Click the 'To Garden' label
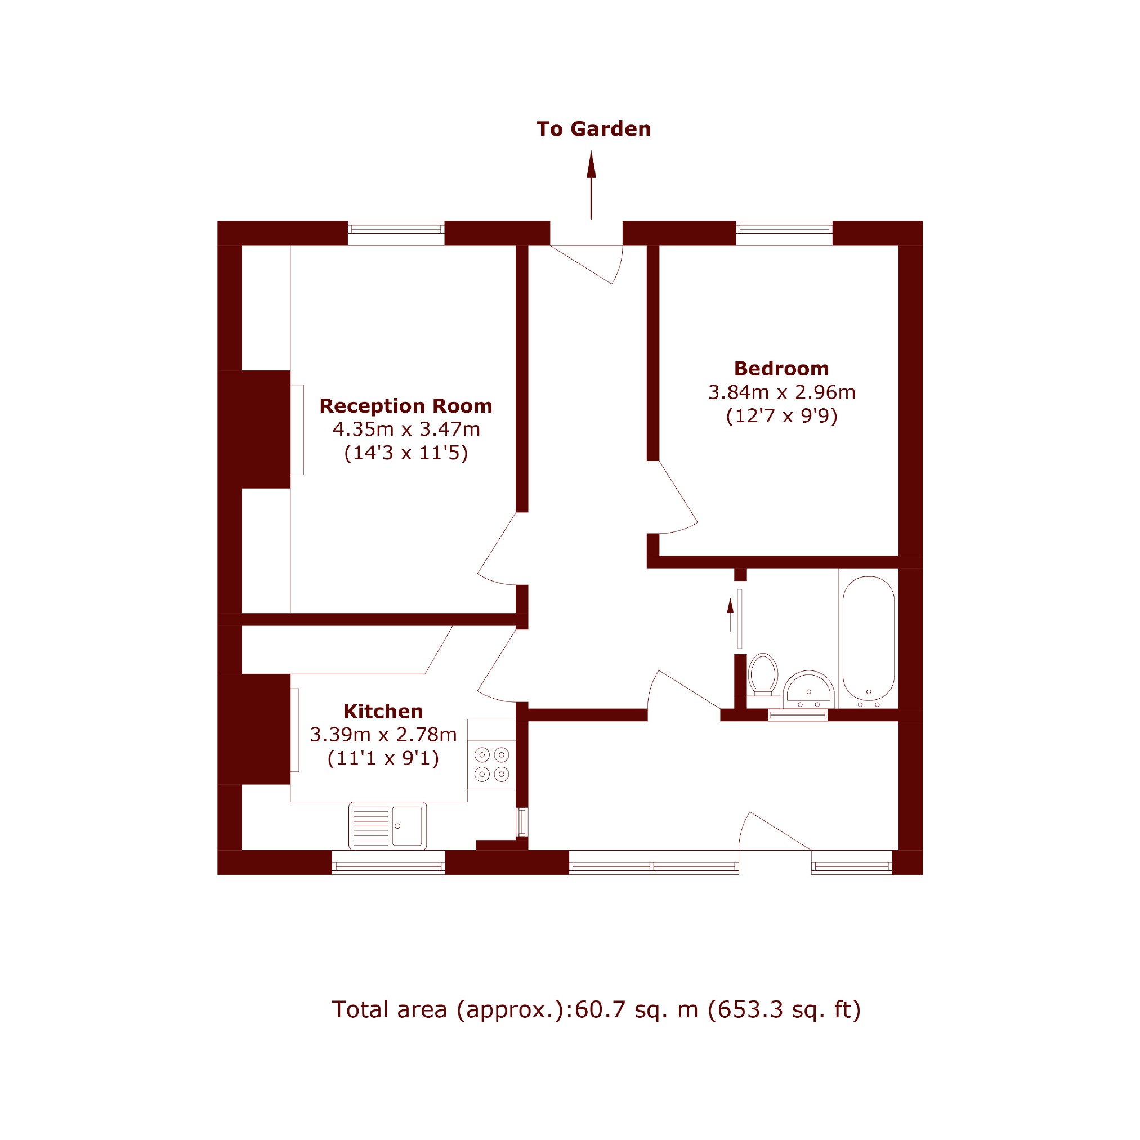click(593, 128)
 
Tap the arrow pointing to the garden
click(591, 185)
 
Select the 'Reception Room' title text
click(406, 406)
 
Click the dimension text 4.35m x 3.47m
click(406, 429)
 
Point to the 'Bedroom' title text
click(781, 369)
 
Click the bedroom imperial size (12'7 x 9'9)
click(781, 416)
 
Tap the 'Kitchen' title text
click(383, 712)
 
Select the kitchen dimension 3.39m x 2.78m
click(383, 735)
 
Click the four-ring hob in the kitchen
click(491, 764)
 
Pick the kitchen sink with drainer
click(388, 825)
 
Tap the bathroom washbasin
click(808, 689)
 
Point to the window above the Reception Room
click(396, 233)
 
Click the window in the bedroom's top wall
click(784, 233)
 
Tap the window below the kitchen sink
click(388, 862)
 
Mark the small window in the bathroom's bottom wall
click(798, 715)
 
